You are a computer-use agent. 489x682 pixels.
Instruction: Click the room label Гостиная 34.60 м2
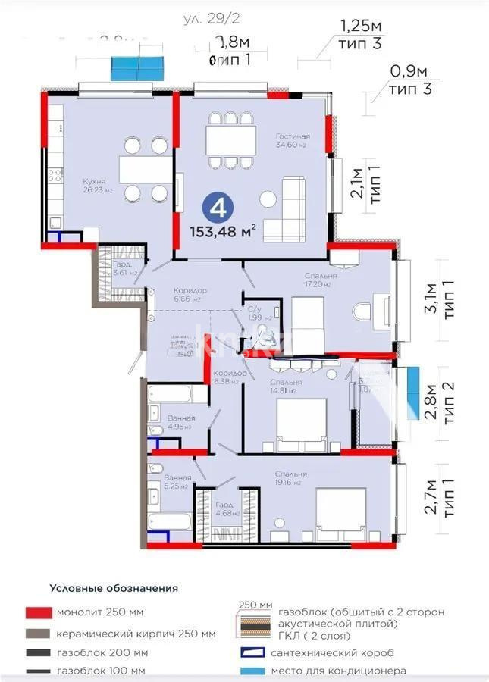tap(293, 140)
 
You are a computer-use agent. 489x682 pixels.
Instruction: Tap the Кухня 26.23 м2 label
tap(97, 185)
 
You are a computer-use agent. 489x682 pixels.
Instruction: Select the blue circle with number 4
tap(217, 205)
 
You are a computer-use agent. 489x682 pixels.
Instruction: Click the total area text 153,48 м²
tap(227, 229)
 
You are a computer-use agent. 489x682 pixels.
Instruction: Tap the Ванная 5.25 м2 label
tap(177, 482)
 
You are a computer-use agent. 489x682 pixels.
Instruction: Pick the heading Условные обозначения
tap(114, 587)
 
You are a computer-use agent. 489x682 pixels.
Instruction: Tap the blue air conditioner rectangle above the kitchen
tap(139, 68)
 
